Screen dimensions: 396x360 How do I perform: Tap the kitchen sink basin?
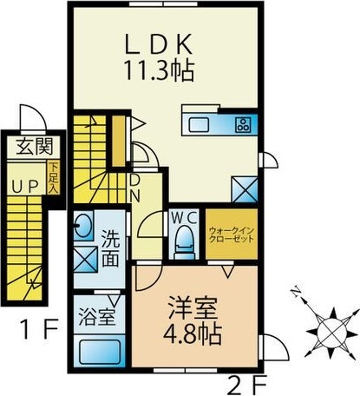coord(199,122)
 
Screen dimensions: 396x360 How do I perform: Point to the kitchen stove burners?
coord(242,123)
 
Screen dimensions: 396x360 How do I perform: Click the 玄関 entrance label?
coord(27,148)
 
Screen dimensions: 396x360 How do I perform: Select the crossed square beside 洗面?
coord(85,259)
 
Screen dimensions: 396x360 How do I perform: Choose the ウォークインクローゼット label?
coord(231,234)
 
